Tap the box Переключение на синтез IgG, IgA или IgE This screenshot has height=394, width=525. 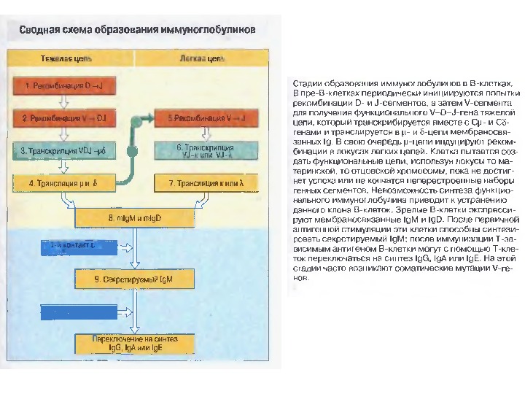pyautogui.click(x=128, y=344)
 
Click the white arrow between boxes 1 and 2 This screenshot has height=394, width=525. pyautogui.click(x=63, y=101)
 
